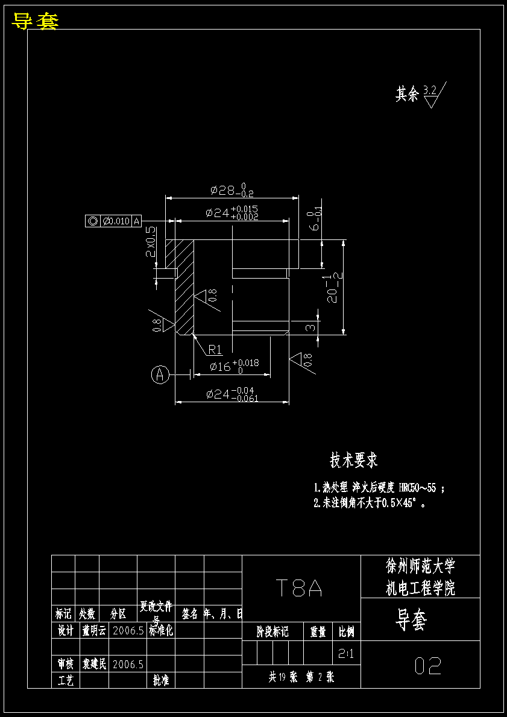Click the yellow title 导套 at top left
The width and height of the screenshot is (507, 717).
tap(35, 22)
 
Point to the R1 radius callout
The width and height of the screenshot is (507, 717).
tap(215, 350)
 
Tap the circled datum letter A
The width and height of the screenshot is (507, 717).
tap(160, 374)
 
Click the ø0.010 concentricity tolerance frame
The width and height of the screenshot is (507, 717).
tap(114, 221)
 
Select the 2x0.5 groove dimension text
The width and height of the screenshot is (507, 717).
tap(150, 242)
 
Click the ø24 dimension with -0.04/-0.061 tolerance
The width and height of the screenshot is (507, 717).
tap(232, 394)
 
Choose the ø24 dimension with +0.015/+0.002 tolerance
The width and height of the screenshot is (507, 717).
tap(232, 213)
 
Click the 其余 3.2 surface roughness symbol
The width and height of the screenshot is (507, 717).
tap(421, 94)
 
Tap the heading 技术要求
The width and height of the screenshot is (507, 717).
tap(354, 460)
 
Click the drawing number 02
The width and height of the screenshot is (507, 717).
tap(428, 666)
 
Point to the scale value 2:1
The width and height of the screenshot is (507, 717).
tap(346, 653)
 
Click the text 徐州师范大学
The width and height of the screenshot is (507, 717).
tap(420, 566)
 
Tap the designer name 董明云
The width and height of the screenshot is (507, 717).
tap(93, 631)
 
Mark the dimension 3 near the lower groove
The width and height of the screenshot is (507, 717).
tap(309, 327)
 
